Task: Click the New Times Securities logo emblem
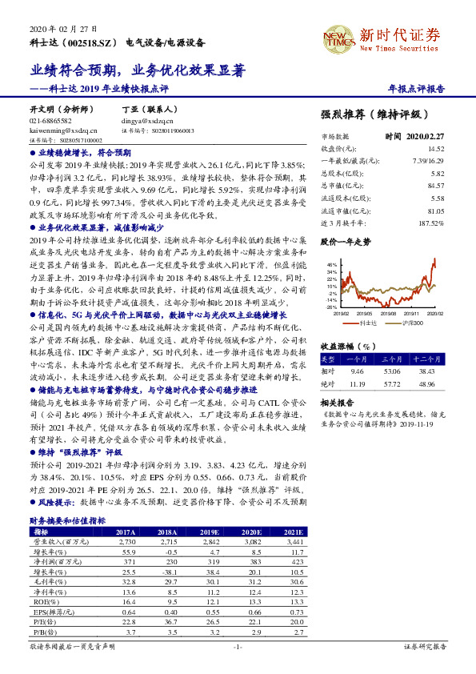(x=334, y=37)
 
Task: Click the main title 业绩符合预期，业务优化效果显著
(x=119, y=71)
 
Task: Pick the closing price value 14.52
(x=436, y=149)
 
